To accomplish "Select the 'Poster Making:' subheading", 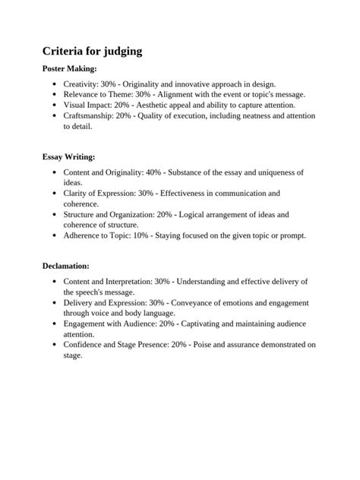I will tap(69, 69).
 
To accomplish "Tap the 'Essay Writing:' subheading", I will tap(68, 157).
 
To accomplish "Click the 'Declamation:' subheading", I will tap(65, 267).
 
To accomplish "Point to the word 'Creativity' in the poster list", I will tap(81, 84).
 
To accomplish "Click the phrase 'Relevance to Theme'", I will tap(99, 94).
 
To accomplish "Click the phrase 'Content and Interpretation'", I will tap(107, 282).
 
